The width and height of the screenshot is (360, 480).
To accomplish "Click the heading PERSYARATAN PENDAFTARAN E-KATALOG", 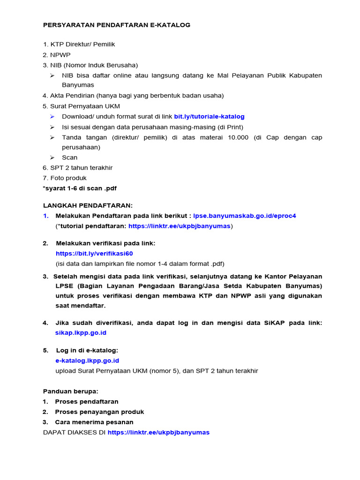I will point(117,25).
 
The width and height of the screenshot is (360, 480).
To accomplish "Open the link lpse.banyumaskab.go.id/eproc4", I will point(245,216).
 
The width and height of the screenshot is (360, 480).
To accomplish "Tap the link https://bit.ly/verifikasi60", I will point(94,253).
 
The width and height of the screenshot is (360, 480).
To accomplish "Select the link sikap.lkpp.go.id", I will point(81,332).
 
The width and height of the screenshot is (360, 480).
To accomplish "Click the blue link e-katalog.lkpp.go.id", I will point(87,360).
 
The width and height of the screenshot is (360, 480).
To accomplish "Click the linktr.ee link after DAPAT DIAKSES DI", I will point(158,432).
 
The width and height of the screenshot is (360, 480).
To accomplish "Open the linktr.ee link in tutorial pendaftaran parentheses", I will point(179,226).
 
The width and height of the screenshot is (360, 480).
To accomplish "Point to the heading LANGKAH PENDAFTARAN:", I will point(88,205).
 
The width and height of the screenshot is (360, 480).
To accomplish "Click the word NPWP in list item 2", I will point(60,55).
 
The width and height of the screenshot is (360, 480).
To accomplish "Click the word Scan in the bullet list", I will point(70,157).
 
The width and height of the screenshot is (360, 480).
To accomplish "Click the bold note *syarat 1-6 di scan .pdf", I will point(80,188).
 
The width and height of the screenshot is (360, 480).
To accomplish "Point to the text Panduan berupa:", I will point(71,391).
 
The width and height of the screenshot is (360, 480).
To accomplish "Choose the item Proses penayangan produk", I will point(99,412).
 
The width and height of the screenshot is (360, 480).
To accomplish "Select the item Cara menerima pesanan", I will point(94,422).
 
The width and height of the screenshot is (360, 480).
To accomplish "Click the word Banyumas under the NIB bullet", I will point(78,85).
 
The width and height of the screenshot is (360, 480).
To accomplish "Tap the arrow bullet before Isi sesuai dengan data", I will point(52,127).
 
